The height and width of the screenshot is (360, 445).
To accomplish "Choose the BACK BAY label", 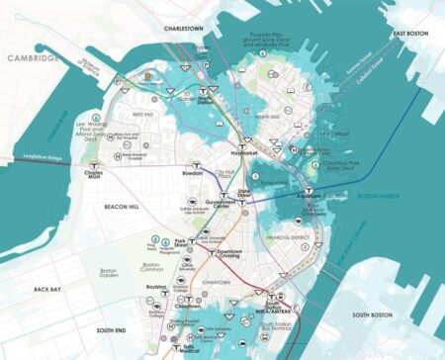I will (x=47, y=290).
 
